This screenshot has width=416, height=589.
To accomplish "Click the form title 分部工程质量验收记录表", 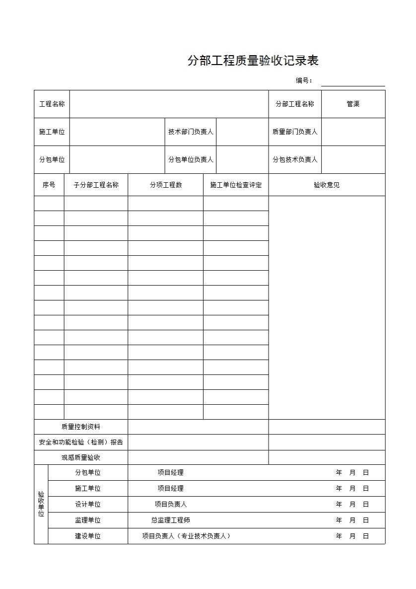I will coord(253,61).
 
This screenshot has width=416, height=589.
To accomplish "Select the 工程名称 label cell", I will coord(52,104).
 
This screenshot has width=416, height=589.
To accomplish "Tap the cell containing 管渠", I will coord(353,104).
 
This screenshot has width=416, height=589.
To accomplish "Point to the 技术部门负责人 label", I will coord(191,132).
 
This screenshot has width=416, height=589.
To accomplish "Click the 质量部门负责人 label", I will coord(295,132).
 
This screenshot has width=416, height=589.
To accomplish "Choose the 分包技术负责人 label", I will coord(295,159).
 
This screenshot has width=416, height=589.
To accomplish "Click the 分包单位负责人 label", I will coord(191,159).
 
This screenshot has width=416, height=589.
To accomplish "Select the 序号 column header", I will coord(49,185).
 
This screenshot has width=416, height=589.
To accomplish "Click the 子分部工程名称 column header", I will coord(96,185).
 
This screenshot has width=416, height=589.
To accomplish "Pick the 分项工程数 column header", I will coord(166,185).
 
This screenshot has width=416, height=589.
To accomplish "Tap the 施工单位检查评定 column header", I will coord(236,185).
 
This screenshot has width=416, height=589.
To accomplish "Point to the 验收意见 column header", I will coord(327,185).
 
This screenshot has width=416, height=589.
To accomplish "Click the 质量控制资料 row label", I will coord(81,427).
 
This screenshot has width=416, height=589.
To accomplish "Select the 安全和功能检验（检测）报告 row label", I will coord(81,442).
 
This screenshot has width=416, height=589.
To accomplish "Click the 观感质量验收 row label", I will coord(81,457).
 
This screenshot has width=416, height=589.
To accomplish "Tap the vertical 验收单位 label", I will coord(41,504).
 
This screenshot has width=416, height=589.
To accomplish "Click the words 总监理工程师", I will coord(171,520).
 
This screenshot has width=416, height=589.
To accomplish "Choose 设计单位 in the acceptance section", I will coord(88,504).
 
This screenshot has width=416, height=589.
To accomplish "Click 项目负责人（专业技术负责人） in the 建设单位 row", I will coord(186,536).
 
